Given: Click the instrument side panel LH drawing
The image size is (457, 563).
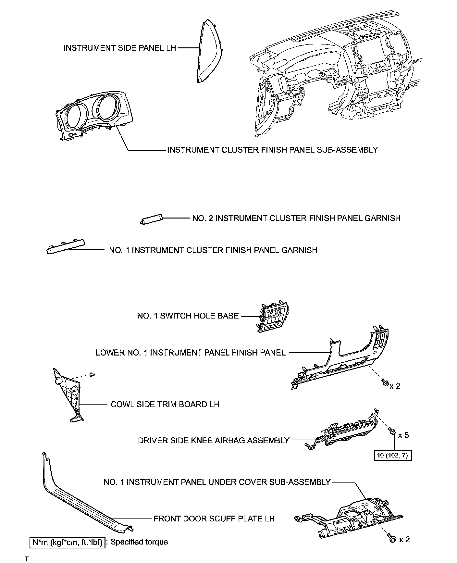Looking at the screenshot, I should pos(209,52).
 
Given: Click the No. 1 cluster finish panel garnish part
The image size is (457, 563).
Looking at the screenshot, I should pos(66,246).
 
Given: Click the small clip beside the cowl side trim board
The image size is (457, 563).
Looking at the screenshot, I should pos(92,375).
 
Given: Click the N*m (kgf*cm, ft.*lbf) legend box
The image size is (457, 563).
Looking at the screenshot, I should pos(68,542).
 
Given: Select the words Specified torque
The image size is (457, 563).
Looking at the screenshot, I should pos(139,542).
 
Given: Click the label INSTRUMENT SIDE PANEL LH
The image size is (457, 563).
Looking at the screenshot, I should pos(120,48).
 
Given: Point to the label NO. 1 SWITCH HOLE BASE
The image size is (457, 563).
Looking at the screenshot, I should pos(188,316).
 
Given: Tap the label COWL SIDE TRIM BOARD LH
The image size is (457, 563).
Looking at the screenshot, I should pos(165,405).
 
